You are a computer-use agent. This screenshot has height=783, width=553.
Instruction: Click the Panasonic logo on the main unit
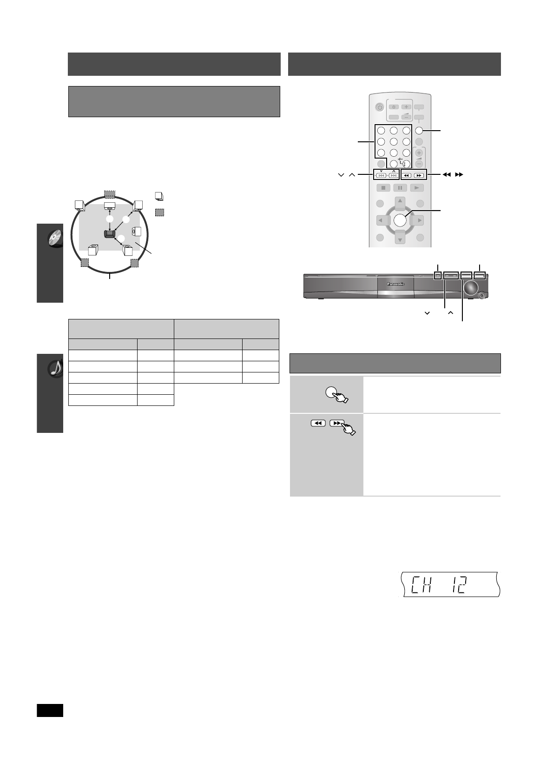tap(395, 284)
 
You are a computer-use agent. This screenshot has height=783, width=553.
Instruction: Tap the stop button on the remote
tap(383, 188)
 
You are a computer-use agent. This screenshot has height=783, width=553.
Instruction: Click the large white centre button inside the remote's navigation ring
tap(400, 220)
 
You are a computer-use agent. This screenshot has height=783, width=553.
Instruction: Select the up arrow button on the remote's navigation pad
tap(400, 202)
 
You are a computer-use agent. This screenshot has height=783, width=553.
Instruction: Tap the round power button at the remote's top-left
tap(379, 107)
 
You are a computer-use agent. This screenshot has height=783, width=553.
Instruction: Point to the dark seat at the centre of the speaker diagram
tap(109, 234)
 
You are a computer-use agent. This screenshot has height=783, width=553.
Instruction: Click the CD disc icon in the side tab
tap(55, 239)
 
